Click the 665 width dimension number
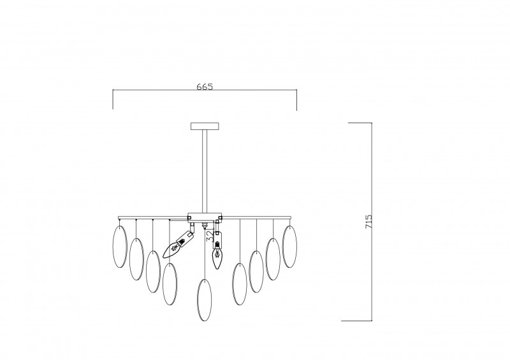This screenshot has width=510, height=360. click(x=205, y=87)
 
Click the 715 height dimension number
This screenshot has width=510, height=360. click(x=368, y=222)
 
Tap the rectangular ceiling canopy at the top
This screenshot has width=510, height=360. click(x=205, y=126)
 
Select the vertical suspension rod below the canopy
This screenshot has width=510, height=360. click(x=205, y=171)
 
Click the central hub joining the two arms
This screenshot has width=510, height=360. click(x=205, y=217)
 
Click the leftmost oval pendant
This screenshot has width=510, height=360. click(x=119, y=247)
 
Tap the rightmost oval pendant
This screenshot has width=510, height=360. click(x=289, y=247)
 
